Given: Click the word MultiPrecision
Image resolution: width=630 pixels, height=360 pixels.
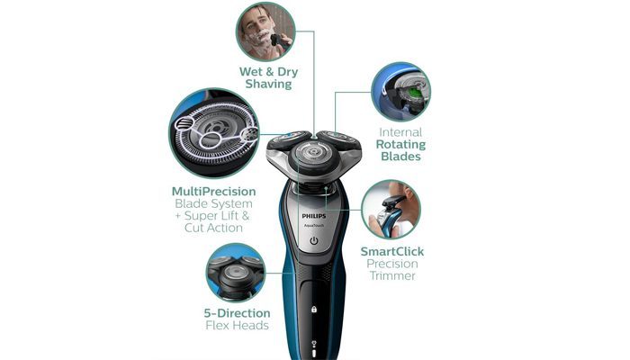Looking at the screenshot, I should coord(213,192).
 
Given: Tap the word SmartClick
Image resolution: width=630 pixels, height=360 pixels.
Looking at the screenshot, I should coord(391,251).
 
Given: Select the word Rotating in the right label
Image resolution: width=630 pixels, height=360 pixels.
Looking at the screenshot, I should coord(400,144).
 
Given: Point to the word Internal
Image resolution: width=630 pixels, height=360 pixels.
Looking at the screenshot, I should coord(400,131).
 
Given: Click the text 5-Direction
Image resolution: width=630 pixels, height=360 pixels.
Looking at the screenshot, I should coord(235,312).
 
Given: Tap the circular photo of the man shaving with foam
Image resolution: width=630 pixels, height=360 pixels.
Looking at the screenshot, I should coord(265,31).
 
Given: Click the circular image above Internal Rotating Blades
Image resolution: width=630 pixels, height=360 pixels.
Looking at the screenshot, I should coord(400,91).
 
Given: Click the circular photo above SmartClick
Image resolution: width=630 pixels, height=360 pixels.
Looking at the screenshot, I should coord(391,209).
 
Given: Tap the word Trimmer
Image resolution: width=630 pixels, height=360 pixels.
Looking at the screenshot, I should coord(391,276).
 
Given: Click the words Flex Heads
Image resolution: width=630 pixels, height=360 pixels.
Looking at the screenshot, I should coord(235,325).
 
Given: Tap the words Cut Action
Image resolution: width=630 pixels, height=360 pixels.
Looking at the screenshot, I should coord(213,228).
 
